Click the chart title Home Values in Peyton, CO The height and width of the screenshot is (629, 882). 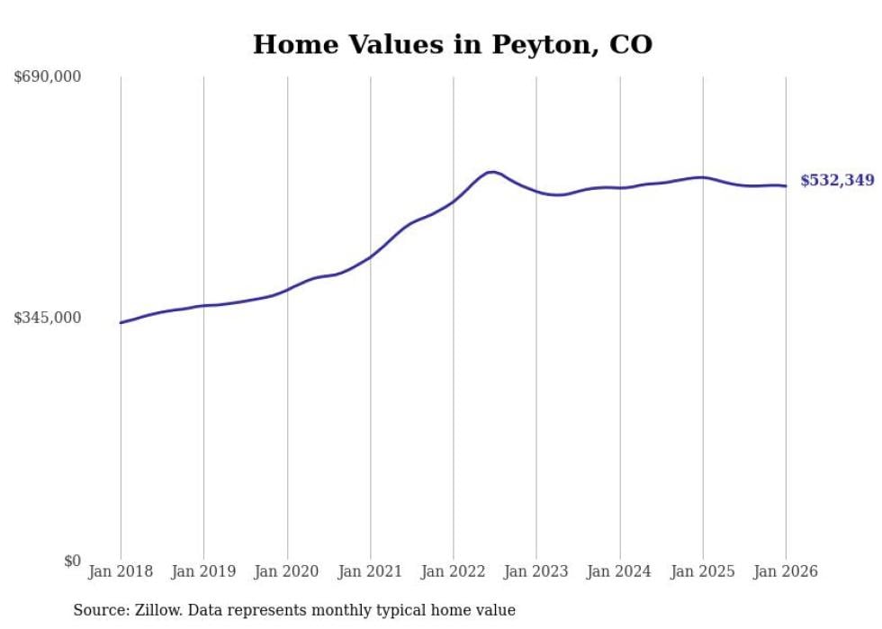(452, 44)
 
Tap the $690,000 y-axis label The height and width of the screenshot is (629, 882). (48, 76)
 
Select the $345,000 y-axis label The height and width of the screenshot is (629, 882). (48, 318)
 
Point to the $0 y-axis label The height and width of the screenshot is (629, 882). (72, 561)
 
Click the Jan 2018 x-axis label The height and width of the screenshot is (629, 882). (121, 572)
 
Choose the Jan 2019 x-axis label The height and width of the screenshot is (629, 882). (203, 572)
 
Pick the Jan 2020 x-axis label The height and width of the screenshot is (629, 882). (287, 572)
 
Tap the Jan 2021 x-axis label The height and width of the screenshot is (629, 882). (370, 572)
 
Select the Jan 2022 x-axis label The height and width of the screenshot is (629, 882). (454, 572)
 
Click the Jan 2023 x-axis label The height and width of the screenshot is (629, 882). (536, 572)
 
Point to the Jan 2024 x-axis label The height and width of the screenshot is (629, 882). (619, 572)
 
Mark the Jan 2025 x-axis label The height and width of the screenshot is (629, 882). (703, 572)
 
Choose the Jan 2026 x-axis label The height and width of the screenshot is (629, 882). (786, 572)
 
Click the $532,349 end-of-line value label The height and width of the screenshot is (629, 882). (837, 181)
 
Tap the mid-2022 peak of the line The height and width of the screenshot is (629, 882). (490, 171)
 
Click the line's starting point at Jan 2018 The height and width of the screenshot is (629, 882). (121, 323)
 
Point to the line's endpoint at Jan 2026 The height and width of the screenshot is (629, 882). (786, 186)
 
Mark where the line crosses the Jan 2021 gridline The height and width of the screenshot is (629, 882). (370, 256)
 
